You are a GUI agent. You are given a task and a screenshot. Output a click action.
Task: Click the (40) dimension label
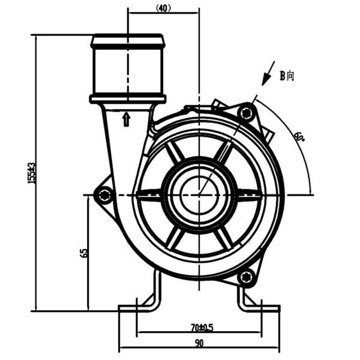click(163, 8)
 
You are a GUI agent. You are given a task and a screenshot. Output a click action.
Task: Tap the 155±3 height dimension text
click(32, 172)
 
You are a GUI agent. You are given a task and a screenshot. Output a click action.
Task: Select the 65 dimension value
click(84, 253)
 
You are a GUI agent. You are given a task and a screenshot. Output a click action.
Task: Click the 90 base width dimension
click(199, 343)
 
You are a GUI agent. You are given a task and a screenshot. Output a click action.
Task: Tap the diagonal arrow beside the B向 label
click(268, 73)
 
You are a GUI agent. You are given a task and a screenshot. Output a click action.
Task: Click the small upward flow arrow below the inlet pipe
click(126, 119)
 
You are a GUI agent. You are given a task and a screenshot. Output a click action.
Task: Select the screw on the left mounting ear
click(106, 194)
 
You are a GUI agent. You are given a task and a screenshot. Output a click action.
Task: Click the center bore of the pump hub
click(196, 195)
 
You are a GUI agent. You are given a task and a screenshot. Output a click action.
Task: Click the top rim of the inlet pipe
click(127, 38)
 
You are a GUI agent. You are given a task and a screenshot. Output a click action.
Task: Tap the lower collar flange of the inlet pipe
click(127, 98)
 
